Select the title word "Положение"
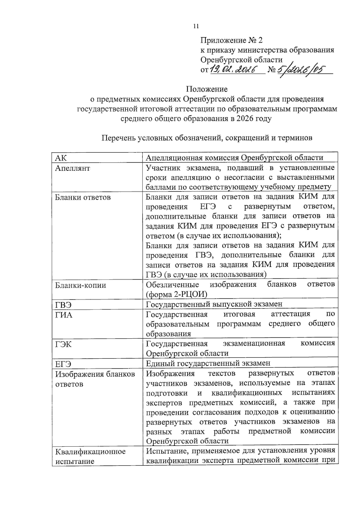click(207, 89)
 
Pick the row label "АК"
click(61, 158)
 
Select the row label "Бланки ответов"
click(83, 197)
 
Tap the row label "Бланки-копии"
click(81, 285)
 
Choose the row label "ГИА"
click(64, 315)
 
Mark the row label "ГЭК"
click(64, 344)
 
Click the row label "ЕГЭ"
click(63, 364)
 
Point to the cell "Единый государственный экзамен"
click(208, 363)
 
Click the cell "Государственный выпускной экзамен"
click(214, 304)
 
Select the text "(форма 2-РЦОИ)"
click(176, 294)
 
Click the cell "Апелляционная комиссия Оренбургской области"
click(234, 158)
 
